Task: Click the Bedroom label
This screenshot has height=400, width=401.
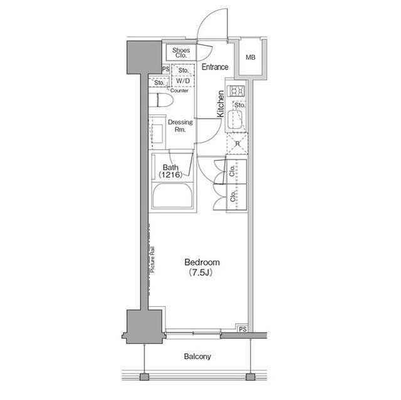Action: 202,262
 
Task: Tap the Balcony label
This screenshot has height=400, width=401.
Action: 197,356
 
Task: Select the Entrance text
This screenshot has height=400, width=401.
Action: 215,67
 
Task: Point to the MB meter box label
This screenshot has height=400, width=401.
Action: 251,58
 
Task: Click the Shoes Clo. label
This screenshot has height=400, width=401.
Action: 181,53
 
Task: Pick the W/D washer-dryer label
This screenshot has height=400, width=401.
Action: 184,81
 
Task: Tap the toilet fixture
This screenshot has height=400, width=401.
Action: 161,100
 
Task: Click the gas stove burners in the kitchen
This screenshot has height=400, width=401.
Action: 237,91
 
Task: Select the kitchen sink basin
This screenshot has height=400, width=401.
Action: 236,120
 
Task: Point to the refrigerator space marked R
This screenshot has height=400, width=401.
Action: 237,143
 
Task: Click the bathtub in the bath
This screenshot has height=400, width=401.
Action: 172,196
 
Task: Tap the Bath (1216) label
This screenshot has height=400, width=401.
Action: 170,171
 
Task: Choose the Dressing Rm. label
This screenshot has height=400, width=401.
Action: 180,126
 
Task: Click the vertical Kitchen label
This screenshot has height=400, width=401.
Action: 221,104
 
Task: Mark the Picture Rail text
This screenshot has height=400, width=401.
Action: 152,259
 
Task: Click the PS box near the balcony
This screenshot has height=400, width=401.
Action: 242,329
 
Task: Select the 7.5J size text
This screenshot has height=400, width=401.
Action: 201,272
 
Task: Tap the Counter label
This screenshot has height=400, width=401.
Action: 179,90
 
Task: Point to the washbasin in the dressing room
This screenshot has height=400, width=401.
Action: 157,133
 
